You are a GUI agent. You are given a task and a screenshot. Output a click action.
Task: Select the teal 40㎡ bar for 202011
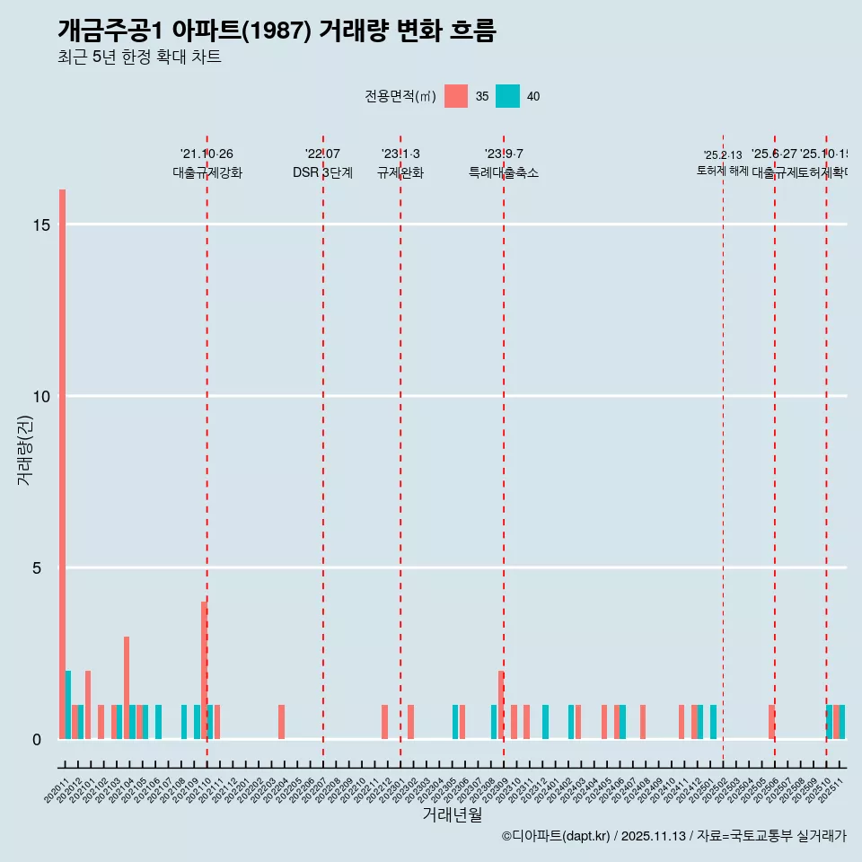(68, 705)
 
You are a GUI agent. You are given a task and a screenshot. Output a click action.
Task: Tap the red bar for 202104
(127, 688)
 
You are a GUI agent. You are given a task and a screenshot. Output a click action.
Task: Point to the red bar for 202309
(501, 705)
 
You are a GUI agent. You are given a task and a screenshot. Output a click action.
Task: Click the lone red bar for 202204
(281, 722)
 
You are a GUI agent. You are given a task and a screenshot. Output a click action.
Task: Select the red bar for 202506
(771, 722)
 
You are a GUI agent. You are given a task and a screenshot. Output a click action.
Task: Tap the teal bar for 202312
(545, 722)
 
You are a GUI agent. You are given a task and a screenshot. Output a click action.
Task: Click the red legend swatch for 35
(456, 96)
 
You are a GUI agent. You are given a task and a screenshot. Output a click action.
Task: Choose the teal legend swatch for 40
(507, 96)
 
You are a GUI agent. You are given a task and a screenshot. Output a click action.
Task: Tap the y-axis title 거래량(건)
(24, 450)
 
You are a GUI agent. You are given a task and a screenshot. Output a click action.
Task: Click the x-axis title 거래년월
(452, 815)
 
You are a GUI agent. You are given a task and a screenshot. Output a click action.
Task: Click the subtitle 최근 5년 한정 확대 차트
(139, 57)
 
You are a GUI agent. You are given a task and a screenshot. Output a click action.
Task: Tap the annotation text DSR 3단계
(322, 172)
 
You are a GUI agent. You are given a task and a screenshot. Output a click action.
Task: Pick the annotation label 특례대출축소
(503, 172)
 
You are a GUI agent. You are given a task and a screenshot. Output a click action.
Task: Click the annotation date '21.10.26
(207, 154)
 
